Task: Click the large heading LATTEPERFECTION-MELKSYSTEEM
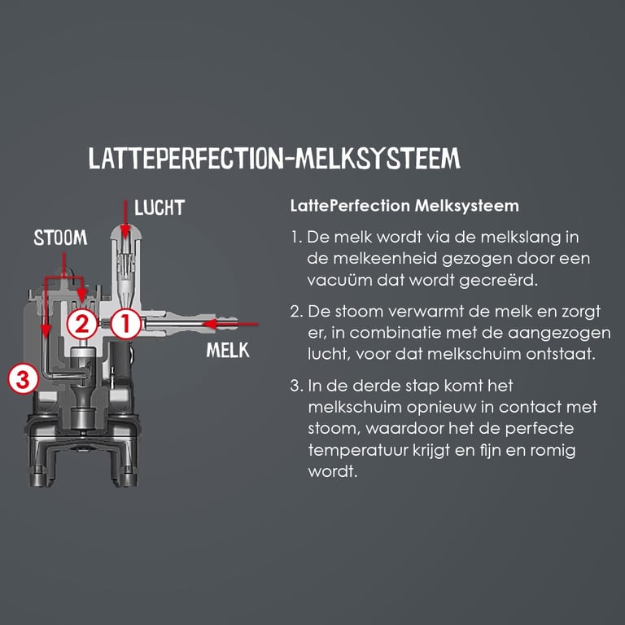(274, 159)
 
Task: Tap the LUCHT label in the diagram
(160, 208)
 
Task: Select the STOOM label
(60, 238)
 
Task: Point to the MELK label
(228, 351)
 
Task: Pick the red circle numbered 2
(82, 324)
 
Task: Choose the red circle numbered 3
(23, 378)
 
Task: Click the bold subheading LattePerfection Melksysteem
(404, 206)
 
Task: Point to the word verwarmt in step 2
(417, 312)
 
